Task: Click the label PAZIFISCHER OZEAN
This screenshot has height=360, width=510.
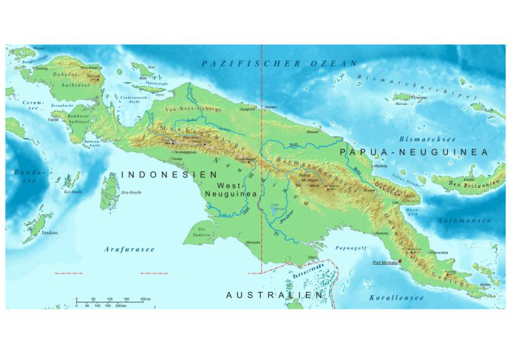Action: point(273,64)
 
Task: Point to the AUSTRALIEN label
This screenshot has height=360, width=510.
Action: point(274,295)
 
